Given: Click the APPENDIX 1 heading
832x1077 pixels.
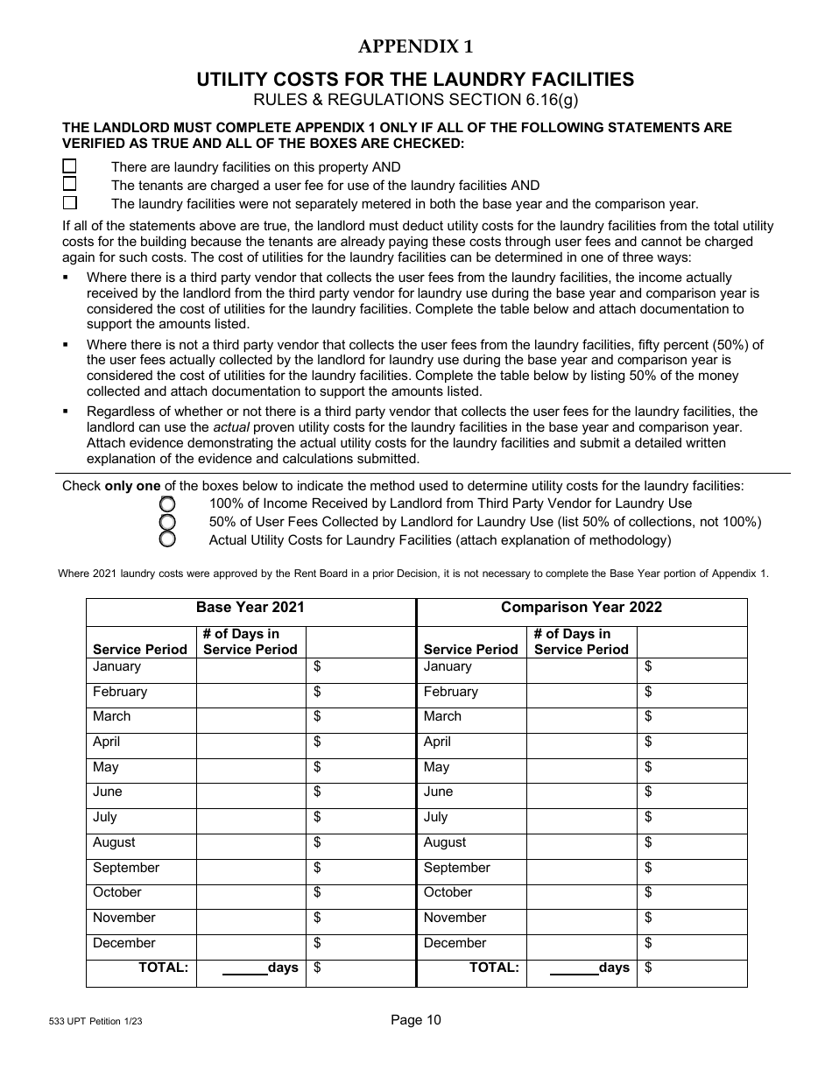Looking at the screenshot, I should (415, 47).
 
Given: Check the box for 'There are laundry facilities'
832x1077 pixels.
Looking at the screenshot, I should (69, 165).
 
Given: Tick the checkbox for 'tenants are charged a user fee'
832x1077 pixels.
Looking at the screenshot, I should (69, 184).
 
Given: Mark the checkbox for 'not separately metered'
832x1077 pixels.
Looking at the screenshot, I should (69, 202).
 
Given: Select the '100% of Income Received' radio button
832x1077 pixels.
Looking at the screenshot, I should (167, 504).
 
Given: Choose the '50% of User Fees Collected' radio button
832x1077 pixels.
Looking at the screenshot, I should (167, 522).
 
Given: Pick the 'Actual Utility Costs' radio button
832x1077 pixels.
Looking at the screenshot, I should (167, 539).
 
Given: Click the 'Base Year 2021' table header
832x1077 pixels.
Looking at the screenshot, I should (250, 607).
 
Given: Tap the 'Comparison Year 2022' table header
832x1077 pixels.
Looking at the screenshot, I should (582, 607).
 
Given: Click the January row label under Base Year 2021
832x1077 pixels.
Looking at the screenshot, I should (116, 667).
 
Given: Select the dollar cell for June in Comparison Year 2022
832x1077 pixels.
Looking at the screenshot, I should (692, 793).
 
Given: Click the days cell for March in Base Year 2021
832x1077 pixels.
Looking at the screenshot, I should (250, 718).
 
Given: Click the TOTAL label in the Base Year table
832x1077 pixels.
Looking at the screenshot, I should (164, 968).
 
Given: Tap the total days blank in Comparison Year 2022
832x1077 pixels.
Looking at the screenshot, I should (573, 968).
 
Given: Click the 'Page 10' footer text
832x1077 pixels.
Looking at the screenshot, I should (416, 1020).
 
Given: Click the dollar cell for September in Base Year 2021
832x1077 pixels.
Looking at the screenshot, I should (361, 869).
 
